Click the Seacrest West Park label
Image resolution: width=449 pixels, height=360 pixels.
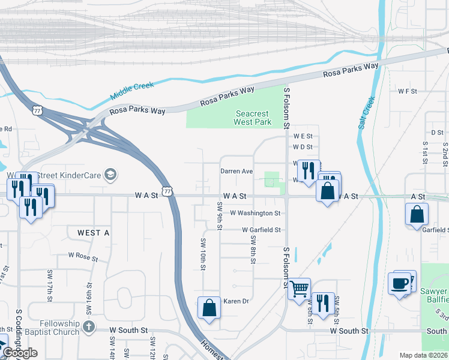pos(253,118)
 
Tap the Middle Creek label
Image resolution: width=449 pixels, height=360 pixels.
pos(133,91)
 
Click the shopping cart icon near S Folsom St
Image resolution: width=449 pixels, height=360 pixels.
pos(299,290)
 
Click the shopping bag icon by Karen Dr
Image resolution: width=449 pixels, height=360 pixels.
pos(209,308)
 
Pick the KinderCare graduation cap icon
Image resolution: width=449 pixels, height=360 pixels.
pos(110,175)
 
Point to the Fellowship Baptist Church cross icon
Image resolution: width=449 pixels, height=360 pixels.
pos(89,327)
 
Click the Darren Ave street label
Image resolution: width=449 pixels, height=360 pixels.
pos(236,171)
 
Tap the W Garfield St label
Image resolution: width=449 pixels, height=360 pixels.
pos(261,230)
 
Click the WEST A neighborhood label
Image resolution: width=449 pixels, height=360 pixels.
pos(94,232)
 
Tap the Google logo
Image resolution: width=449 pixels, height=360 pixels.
pos(20,353)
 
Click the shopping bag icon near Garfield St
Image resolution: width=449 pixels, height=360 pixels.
pos(417,215)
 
